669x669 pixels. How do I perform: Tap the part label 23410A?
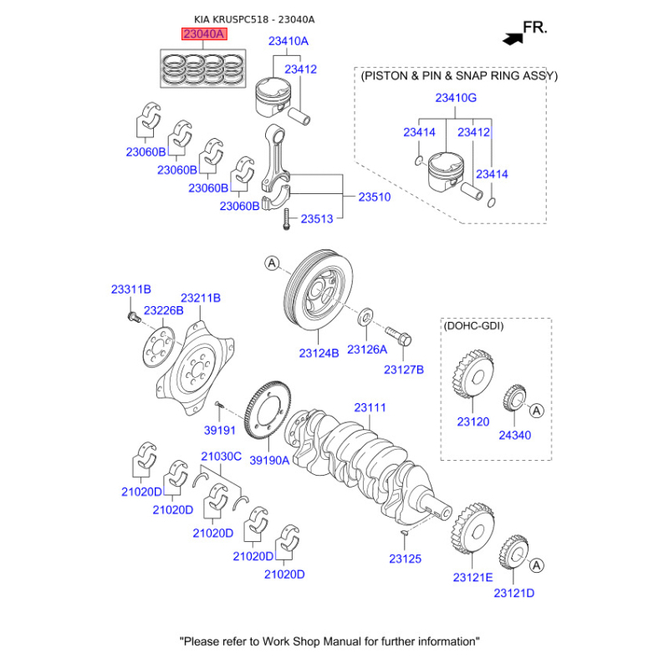tap(288, 40)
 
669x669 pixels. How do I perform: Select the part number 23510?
tap(375, 197)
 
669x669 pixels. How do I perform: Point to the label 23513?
tap(317, 218)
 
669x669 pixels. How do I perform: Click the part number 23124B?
tap(319, 354)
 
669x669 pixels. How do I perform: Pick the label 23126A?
tap(367, 349)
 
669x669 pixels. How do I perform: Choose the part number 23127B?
tap(404, 369)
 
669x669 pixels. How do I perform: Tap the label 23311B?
tap(130, 289)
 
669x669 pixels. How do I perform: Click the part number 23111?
tap(370, 407)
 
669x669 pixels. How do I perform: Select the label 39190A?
tap(270, 459)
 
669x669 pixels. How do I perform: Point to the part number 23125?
tap(405, 558)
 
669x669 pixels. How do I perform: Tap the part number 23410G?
tap(456, 98)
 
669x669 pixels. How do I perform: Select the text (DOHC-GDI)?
tap(474, 325)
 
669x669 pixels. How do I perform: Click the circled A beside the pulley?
tap(271, 263)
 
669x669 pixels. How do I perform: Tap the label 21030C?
tap(221, 456)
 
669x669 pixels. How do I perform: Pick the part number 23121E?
tap(472, 577)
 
